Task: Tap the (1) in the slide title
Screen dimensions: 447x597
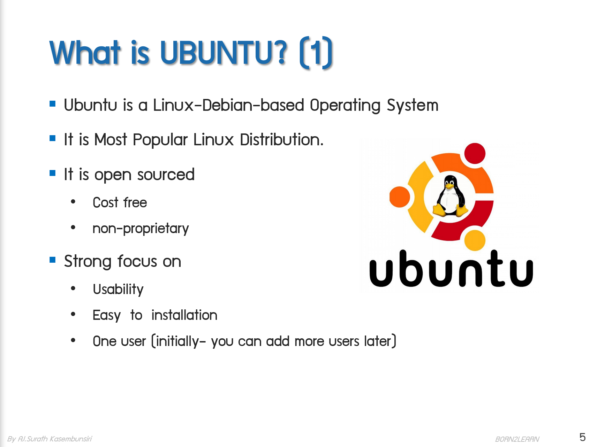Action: pos(316,53)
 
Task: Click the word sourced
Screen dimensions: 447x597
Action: pos(166,175)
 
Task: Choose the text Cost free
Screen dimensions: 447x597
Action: pos(120,202)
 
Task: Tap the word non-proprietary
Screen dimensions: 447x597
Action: pos(141,229)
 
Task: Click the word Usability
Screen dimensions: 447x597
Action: pos(118,289)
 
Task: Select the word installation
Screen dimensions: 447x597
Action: pos(184,315)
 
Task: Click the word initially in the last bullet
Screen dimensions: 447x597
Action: pos(177,341)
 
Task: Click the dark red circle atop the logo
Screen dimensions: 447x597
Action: pos(475,153)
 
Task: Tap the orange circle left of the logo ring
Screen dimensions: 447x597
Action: pos(399,197)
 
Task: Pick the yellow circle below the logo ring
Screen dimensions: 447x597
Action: pos(475,240)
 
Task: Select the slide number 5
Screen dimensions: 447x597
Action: pos(582,437)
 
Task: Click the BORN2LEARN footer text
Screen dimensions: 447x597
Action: pos(517,439)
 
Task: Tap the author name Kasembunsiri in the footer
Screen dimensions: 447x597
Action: pos(71,439)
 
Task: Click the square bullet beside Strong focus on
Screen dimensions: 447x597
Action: pos(53,260)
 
